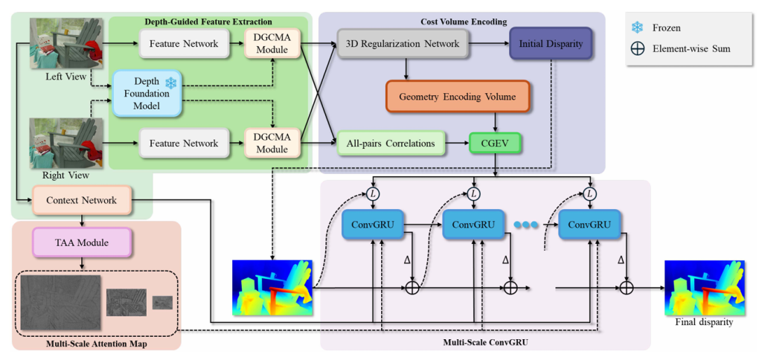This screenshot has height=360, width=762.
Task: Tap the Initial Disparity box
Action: pyautogui.click(x=551, y=44)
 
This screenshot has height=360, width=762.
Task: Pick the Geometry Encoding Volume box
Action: pyautogui.click(x=458, y=97)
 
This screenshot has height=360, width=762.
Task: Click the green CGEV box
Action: pyautogui.click(x=496, y=143)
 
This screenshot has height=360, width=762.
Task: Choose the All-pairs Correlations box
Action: pyautogui.click(x=390, y=143)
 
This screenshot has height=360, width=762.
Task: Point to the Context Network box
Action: pyautogui.click(x=81, y=200)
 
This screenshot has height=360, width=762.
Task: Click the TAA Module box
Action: pyautogui.click(x=81, y=242)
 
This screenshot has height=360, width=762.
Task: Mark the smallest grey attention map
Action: pyautogui.click(x=162, y=302)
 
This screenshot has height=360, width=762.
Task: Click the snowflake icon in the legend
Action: pyautogui.click(x=638, y=28)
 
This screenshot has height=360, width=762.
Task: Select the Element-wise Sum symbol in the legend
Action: pyautogui.click(x=638, y=49)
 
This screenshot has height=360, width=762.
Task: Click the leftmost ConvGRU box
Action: pyautogui.click(x=372, y=225)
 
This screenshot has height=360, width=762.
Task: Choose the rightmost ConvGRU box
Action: pyautogui.click(x=589, y=225)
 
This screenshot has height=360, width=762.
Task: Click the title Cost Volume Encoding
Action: pyautogui.click(x=461, y=22)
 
